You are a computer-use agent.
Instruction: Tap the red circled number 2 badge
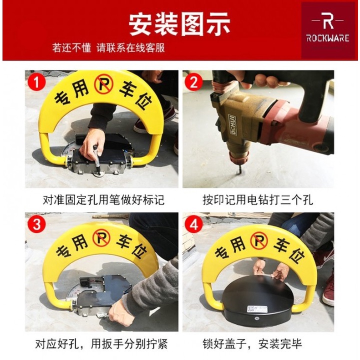click(x=194, y=82)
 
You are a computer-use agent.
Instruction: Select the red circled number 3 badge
click(x=36, y=224)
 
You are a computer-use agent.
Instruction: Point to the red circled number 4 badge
click(x=194, y=224)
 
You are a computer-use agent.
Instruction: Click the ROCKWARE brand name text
click(x=328, y=38)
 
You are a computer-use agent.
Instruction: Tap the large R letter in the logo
click(x=328, y=20)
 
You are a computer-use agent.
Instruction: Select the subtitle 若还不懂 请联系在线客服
click(x=108, y=48)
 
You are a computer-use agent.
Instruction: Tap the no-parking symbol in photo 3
click(x=101, y=238)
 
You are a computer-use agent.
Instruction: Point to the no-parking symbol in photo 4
click(x=259, y=241)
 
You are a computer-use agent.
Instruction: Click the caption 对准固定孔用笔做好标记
click(x=103, y=199)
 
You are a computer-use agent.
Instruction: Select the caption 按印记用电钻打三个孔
click(x=258, y=199)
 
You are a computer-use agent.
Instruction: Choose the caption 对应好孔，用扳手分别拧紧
click(x=101, y=344)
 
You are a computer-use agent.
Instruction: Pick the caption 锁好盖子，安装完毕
click(x=252, y=344)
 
